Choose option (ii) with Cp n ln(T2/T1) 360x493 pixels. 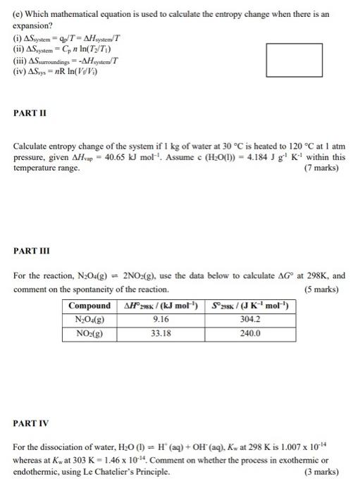(x=68, y=49)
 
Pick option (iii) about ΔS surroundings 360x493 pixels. (x=69, y=60)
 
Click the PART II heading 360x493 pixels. (x=32, y=113)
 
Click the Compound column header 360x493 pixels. (x=90, y=306)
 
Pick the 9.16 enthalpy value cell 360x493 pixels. (x=161, y=320)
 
